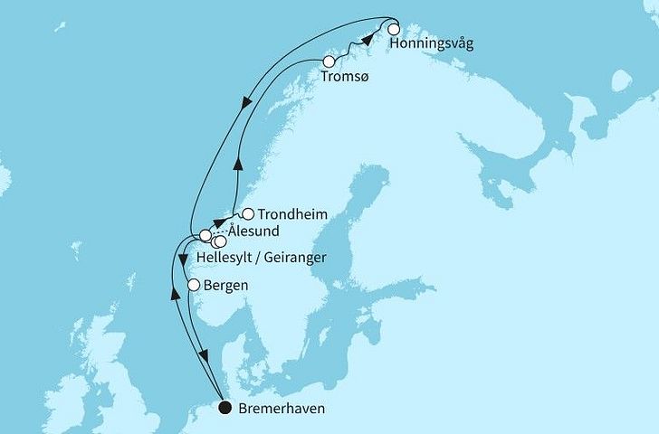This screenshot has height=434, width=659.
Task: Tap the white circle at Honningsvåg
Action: pos(394,29)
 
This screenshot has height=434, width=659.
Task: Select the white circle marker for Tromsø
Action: pos(329,61)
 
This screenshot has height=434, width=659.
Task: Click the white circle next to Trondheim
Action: pos(248,214)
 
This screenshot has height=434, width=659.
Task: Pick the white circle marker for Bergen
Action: pos(193,286)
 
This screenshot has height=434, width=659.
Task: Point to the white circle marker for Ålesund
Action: pos(205,236)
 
